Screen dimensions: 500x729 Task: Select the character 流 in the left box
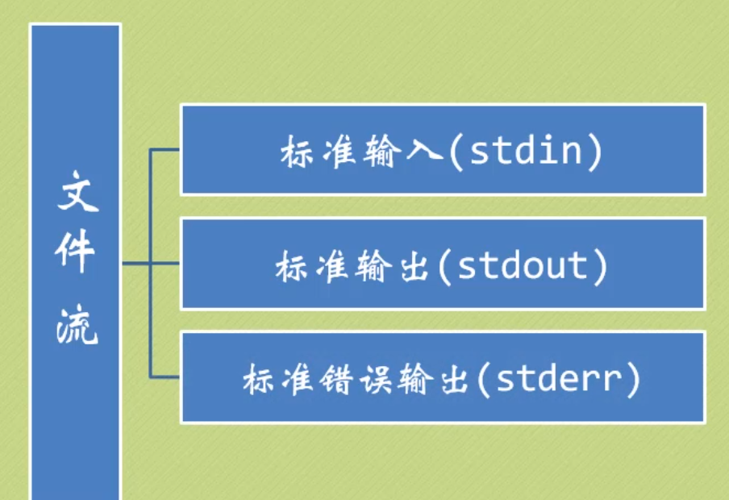point(77,326)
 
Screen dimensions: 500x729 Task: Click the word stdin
point(525,151)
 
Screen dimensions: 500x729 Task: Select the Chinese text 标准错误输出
point(356,379)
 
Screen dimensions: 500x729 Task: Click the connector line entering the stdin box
point(165,149)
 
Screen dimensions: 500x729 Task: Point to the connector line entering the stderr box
point(165,377)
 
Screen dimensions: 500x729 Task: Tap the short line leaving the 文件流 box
point(135,263)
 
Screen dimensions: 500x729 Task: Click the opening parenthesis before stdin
point(456,152)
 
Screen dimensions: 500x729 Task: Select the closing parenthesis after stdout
point(598,266)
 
